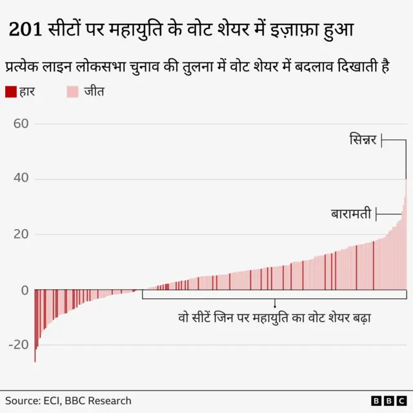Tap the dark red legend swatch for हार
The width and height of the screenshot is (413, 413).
point(10,92)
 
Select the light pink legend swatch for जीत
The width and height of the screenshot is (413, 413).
point(72,92)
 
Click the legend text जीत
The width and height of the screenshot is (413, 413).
point(94,92)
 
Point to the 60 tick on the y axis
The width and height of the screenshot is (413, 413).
point(21,123)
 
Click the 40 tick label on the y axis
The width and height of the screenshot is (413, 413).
point(21,179)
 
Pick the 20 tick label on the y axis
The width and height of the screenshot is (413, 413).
point(21,234)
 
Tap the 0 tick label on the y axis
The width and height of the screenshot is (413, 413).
point(25,290)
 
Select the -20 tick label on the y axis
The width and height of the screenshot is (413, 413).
point(18,345)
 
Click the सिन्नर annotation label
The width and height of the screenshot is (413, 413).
point(363,139)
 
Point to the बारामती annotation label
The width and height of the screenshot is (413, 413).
point(351,214)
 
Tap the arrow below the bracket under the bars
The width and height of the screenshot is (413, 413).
point(275,304)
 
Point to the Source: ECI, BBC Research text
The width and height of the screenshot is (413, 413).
point(68,401)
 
